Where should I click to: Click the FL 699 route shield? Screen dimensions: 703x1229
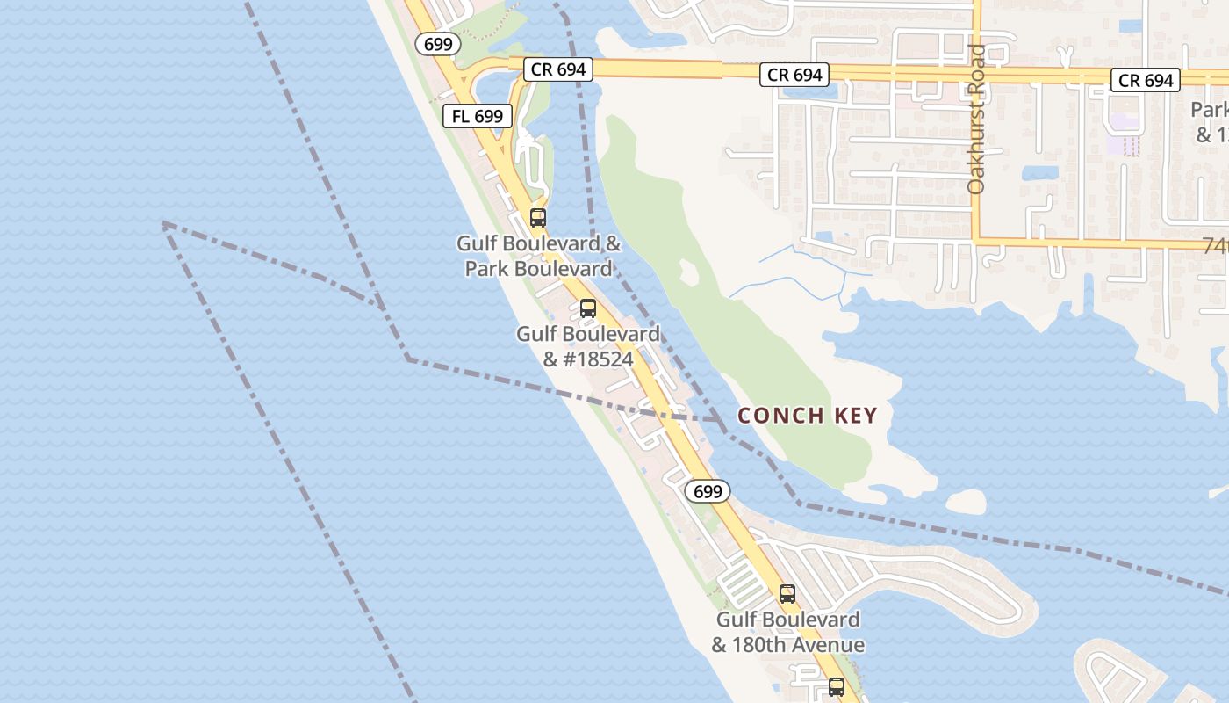(478, 115)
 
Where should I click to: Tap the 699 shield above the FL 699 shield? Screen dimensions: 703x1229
(437, 43)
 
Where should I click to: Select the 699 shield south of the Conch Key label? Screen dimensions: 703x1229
(707, 491)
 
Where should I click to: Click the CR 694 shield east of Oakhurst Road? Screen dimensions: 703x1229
(1146, 80)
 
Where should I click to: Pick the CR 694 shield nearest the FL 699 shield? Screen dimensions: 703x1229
(558, 69)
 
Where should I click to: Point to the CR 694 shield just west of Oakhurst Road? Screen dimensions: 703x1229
(794, 75)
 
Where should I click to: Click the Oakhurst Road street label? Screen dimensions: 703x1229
(977, 119)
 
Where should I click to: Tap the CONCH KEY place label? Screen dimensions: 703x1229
(807, 416)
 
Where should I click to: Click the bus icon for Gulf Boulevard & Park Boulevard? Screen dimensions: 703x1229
(538, 217)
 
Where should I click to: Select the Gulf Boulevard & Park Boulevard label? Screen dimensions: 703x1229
(538, 256)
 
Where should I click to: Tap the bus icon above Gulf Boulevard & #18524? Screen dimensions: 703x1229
(588, 308)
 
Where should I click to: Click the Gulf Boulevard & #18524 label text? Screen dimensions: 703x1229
(587, 346)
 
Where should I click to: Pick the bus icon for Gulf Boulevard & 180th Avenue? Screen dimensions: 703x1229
(787, 594)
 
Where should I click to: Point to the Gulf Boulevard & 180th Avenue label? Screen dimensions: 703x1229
(787, 632)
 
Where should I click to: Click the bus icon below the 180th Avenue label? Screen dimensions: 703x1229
(837, 687)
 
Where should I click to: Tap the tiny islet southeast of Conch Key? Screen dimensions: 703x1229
(966, 502)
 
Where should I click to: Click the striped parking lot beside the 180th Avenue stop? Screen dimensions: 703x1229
(741, 583)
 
